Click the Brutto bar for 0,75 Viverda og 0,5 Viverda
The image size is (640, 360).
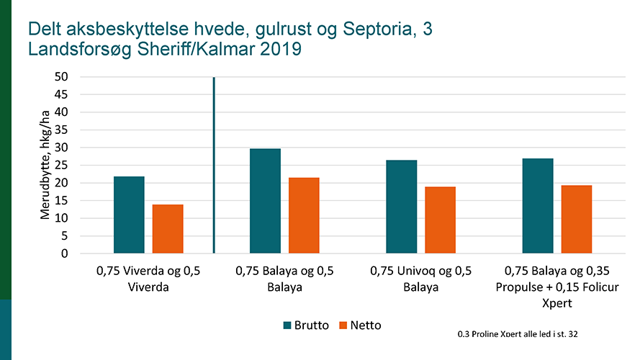129,215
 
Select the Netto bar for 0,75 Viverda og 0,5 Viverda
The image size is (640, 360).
168,229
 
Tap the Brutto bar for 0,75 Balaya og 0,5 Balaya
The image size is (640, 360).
265,201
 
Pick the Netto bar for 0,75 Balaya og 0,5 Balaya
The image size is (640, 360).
304,215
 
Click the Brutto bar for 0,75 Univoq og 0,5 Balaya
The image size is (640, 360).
402,207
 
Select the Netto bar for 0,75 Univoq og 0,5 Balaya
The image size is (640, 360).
440,220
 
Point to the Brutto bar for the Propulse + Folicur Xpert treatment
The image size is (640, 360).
538,206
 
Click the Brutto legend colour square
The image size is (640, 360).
287,325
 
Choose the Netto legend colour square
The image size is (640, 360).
343,325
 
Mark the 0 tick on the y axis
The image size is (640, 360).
64,253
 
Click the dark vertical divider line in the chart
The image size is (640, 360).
214,165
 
